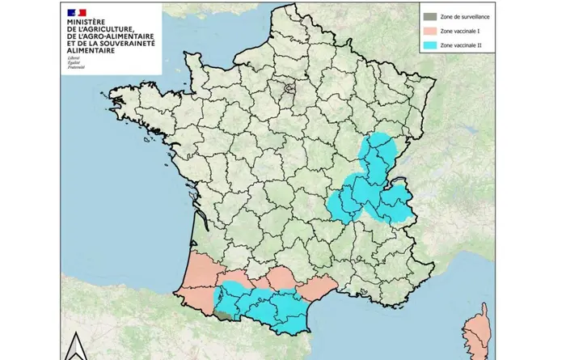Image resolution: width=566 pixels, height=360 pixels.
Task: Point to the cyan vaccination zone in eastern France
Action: point(372,186)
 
